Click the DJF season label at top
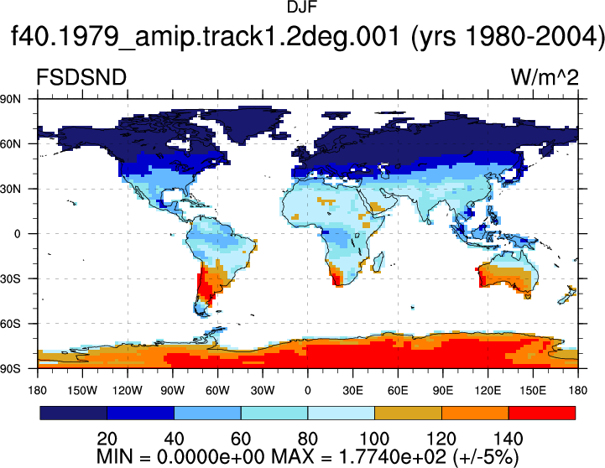tap(302, 7)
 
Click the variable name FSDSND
tap(81, 77)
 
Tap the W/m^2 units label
tap(545, 77)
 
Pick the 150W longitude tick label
tap(82, 391)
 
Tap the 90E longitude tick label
tap(442, 391)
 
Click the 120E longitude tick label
tap(488, 391)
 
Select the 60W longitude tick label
tap(217, 391)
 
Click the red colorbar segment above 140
tap(542, 413)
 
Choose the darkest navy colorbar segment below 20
tap(73, 413)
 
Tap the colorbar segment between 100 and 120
tap(408, 413)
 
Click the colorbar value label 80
tap(307, 439)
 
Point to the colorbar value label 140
tap(509, 439)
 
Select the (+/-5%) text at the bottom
tap(486, 458)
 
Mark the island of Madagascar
tap(378, 263)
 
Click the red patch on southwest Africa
tap(337, 278)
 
